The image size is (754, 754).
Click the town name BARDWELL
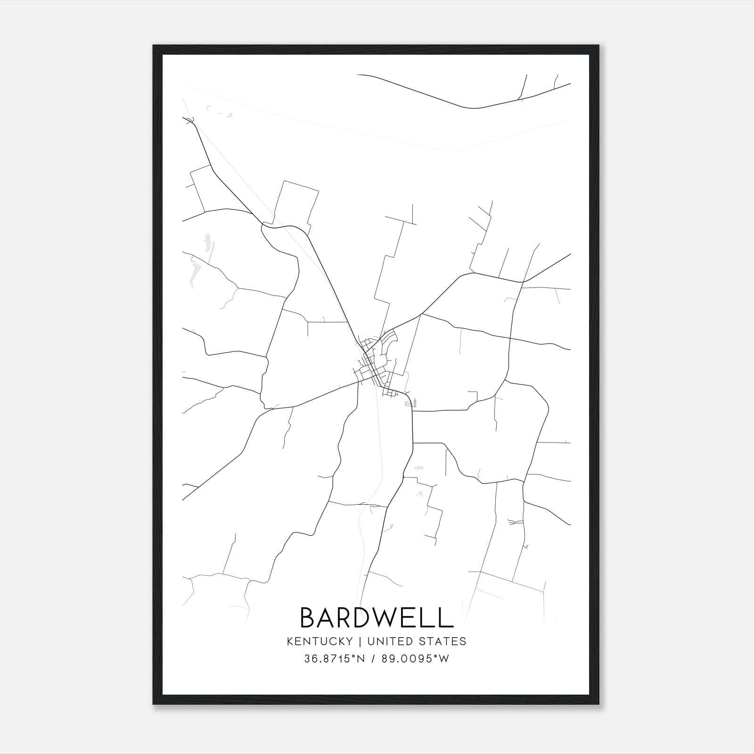pos(376,617)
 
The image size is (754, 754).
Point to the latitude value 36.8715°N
pos(335,659)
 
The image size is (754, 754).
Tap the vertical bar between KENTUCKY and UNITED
pos(360,641)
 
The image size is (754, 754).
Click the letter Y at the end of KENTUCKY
pos(349,641)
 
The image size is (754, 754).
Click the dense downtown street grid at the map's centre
pos(375,365)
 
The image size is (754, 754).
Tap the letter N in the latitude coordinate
pos(361,659)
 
